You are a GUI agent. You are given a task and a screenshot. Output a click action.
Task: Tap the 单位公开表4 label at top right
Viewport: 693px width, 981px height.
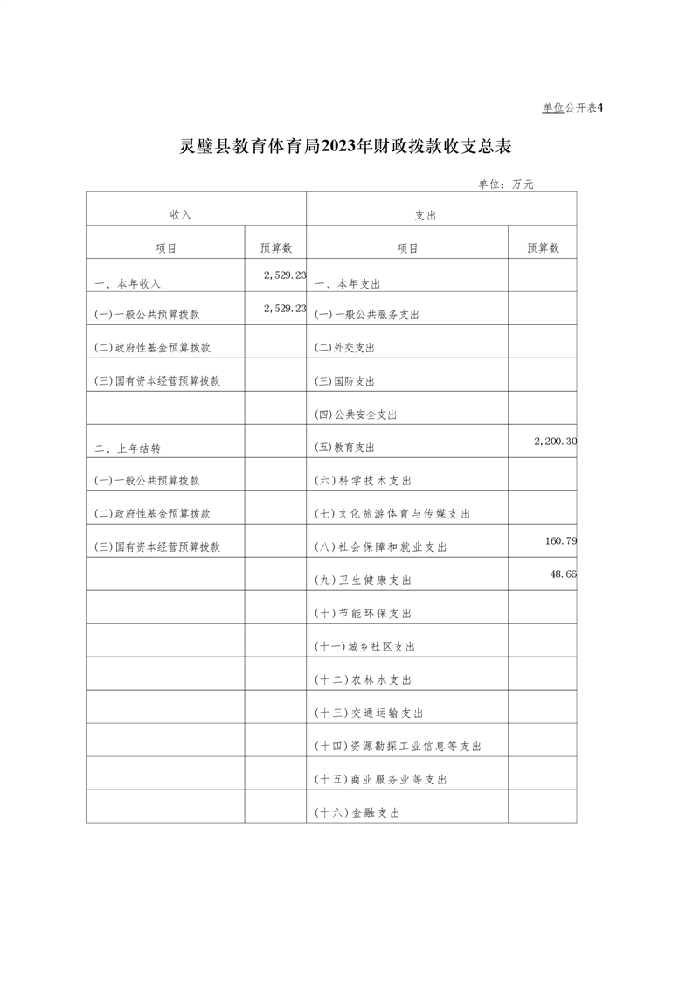point(573,108)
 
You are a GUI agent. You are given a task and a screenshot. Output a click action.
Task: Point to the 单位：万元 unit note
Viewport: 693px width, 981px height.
point(505,184)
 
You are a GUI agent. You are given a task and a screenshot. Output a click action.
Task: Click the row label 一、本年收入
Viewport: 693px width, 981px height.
point(128,284)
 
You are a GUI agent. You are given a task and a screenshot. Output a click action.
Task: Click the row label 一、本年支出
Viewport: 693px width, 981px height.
point(347,284)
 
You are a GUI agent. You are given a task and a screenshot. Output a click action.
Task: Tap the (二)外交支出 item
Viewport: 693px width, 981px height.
point(344,348)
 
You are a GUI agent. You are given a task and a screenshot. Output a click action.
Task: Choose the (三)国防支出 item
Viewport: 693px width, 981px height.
point(344,381)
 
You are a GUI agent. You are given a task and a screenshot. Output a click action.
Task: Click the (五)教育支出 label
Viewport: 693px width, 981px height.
point(344,448)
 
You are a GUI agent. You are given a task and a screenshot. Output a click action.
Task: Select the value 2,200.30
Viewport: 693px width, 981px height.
point(555,442)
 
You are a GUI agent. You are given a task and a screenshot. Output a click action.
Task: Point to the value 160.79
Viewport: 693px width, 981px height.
point(560,541)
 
